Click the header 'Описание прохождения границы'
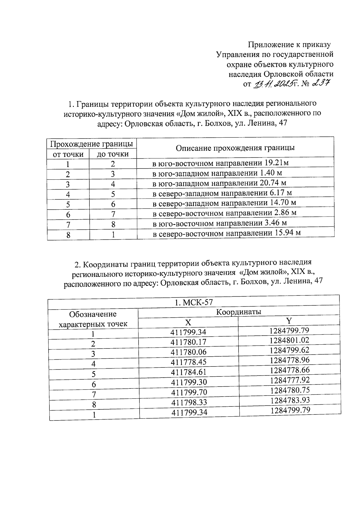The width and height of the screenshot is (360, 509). tap(235, 148)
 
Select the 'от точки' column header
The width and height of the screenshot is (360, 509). tap(68, 154)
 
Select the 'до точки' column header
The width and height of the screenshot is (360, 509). tap(113, 154)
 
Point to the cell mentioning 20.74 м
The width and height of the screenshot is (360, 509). tap(219, 183)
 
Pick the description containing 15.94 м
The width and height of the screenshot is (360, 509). tap(227, 233)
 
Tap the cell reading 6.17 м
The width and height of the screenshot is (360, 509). tap(222, 193)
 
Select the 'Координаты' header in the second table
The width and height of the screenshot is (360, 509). tap(239, 312)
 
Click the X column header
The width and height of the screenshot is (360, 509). tap(188, 322)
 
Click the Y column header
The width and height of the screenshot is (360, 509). tap(289, 321)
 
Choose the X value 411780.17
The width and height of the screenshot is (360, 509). tap(188, 342)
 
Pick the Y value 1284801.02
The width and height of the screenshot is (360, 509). tap(289, 340)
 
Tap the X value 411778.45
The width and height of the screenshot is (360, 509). tap(188, 362)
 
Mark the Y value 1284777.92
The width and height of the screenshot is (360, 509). tap(289, 380)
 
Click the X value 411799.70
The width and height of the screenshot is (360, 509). tap(189, 392)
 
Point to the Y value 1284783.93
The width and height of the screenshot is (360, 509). tap(290, 400)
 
